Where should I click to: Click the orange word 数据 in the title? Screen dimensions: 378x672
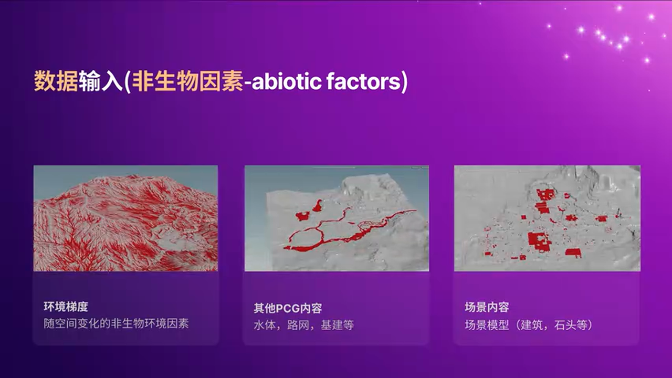coord(56,82)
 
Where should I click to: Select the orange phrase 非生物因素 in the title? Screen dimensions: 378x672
coord(187,82)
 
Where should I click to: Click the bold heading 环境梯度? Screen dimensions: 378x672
coord(66,307)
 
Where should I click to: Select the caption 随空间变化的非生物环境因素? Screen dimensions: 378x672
coord(116,323)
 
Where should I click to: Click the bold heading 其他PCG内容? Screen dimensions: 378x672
coord(288,308)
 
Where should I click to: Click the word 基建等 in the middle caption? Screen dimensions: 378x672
coord(337,325)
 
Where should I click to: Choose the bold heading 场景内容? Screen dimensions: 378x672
coord(487,307)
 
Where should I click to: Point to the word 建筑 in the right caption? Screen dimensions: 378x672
coord(531,325)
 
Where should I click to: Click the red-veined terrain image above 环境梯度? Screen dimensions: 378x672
coord(125,218)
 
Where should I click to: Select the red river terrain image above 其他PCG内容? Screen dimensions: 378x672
coord(337,218)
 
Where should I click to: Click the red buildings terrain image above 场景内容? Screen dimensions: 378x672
coord(547,218)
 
